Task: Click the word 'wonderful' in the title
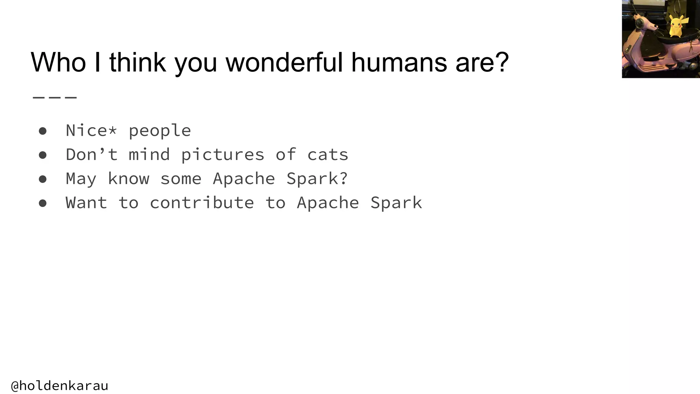pos(284,62)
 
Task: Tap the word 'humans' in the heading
pos(399,62)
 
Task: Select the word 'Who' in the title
pos(58,62)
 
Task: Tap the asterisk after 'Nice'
pos(113,130)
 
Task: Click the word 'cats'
pos(327,155)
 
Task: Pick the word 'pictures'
pos(223,155)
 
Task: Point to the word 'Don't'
pos(92,155)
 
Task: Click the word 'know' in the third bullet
pos(129,179)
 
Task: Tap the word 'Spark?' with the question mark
pos(317,179)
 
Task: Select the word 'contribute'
pos(202,203)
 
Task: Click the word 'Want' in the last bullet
pos(86,203)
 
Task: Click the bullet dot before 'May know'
pos(43,179)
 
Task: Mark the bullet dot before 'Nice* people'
pos(43,131)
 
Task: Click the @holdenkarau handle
pos(59,386)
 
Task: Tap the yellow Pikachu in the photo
pos(675,26)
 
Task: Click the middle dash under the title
pos(55,98)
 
